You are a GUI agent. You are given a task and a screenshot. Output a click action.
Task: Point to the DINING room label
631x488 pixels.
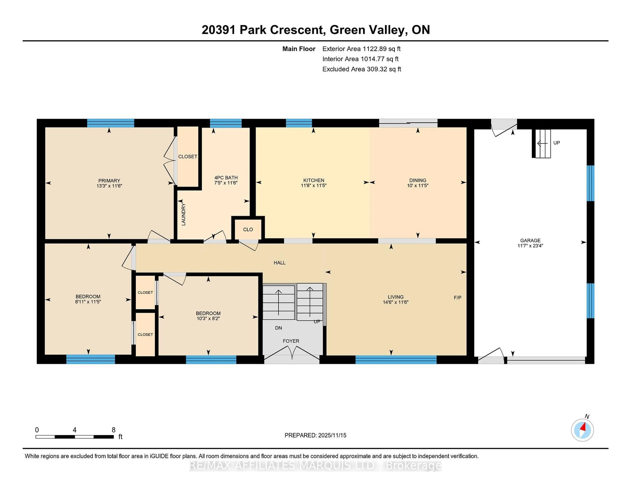(x=418, y=180)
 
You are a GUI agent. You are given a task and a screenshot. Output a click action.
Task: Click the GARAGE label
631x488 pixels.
(x=530, y=240)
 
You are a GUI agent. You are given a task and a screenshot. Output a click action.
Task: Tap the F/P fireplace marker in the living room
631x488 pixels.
(x=457, y=297)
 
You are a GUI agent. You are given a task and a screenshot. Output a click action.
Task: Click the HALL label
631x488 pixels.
(x=279, y=263)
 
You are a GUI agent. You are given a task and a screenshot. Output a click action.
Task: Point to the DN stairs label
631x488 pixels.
(x=278, y=328)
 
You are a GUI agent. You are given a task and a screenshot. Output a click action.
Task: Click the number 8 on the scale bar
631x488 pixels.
(x=114, y=430)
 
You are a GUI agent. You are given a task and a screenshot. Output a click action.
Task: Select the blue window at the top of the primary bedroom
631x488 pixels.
(x=110, y=123)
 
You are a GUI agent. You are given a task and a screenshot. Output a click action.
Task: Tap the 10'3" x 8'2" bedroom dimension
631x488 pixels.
(x=208, y=319)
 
